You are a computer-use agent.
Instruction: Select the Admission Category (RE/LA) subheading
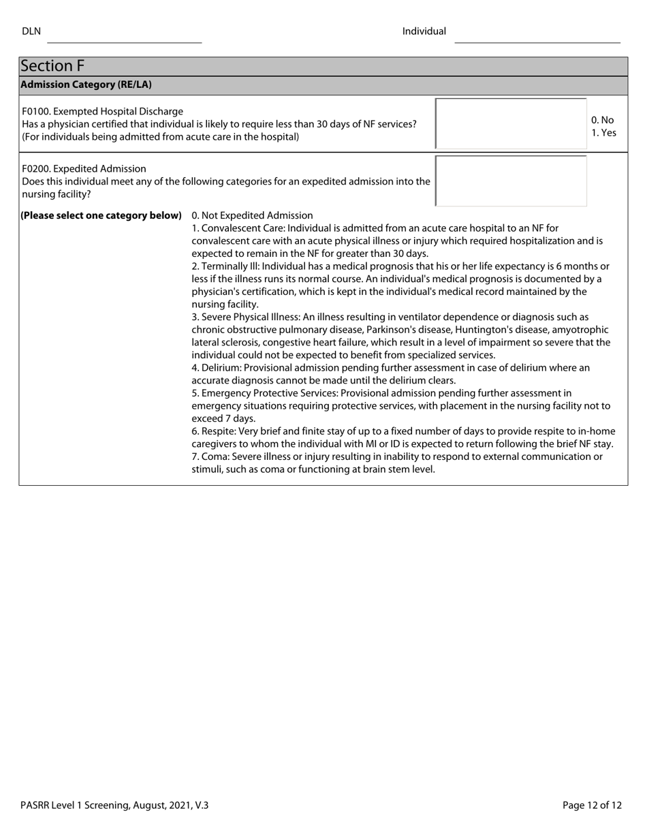[x=86, y=85]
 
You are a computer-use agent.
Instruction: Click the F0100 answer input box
[x=511, y=123]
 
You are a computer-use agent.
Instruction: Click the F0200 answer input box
[x=511, y=181]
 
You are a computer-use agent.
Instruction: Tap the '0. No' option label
[x=602, y=121]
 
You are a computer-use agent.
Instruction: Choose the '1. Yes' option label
[x=603, y=133]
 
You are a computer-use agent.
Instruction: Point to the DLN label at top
[x=31, y=31]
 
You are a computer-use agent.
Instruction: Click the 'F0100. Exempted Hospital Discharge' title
[x=103, y=111]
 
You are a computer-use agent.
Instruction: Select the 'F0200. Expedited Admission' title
[x=84, y=168]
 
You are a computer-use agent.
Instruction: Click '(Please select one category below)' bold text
[x=101, y=215]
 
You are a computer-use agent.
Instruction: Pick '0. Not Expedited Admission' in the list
[x=252, y=215]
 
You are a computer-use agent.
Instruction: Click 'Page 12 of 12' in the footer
[x=592, y=805]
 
